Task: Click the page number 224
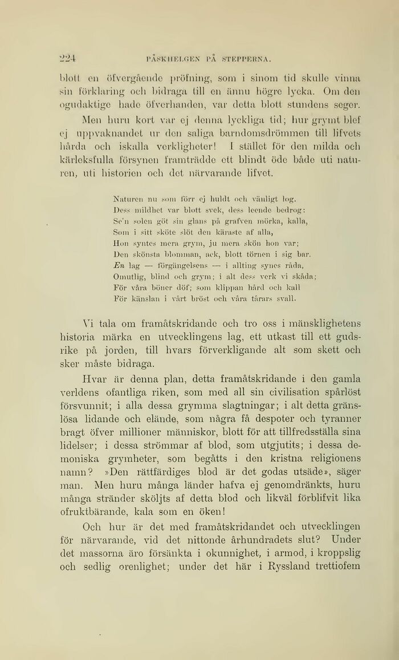pos(68,58)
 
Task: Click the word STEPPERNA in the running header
pos(246,58)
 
